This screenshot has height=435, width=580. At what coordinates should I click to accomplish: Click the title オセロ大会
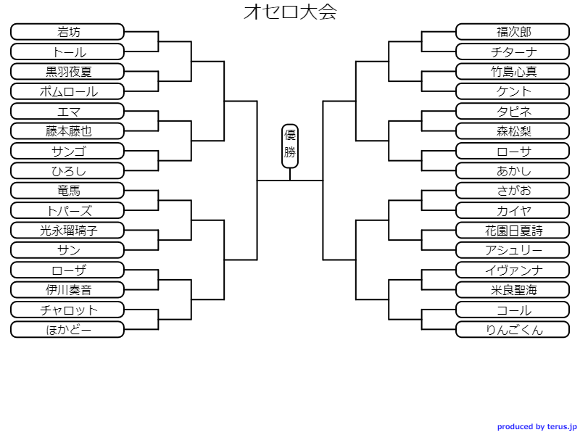click(290, 12)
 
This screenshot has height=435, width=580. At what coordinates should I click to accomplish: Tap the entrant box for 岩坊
click(68, 32)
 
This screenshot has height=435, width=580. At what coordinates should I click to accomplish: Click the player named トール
click(68, 51)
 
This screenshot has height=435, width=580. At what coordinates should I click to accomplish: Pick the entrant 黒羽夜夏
click(68, 72)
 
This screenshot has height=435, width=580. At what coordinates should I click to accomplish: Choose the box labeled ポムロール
click(68, 91)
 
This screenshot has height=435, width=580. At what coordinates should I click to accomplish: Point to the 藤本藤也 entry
click(68, 131)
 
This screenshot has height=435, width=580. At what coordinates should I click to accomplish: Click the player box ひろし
click(68, 171)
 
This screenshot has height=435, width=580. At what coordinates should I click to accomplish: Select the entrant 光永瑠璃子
click(68, 231)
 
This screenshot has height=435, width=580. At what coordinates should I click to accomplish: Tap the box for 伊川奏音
click(68, 290)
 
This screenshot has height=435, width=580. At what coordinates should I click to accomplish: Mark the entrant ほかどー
click(68, 330)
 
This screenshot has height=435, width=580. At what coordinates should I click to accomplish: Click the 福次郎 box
click(513, 32)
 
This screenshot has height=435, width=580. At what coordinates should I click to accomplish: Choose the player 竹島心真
click(513, 72)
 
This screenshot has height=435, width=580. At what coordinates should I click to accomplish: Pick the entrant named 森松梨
click(513, 131)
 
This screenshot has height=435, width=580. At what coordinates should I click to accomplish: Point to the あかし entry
click(513, 171)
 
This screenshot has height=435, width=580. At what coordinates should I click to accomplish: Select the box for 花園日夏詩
click(513, 231)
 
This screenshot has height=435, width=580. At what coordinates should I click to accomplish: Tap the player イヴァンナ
click(513, 270)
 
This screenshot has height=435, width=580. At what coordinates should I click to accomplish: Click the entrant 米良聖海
click(513, 290)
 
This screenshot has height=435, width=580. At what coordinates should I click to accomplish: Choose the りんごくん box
click(513, 330)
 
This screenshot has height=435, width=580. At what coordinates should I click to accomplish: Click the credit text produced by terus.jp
click(536, 427)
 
